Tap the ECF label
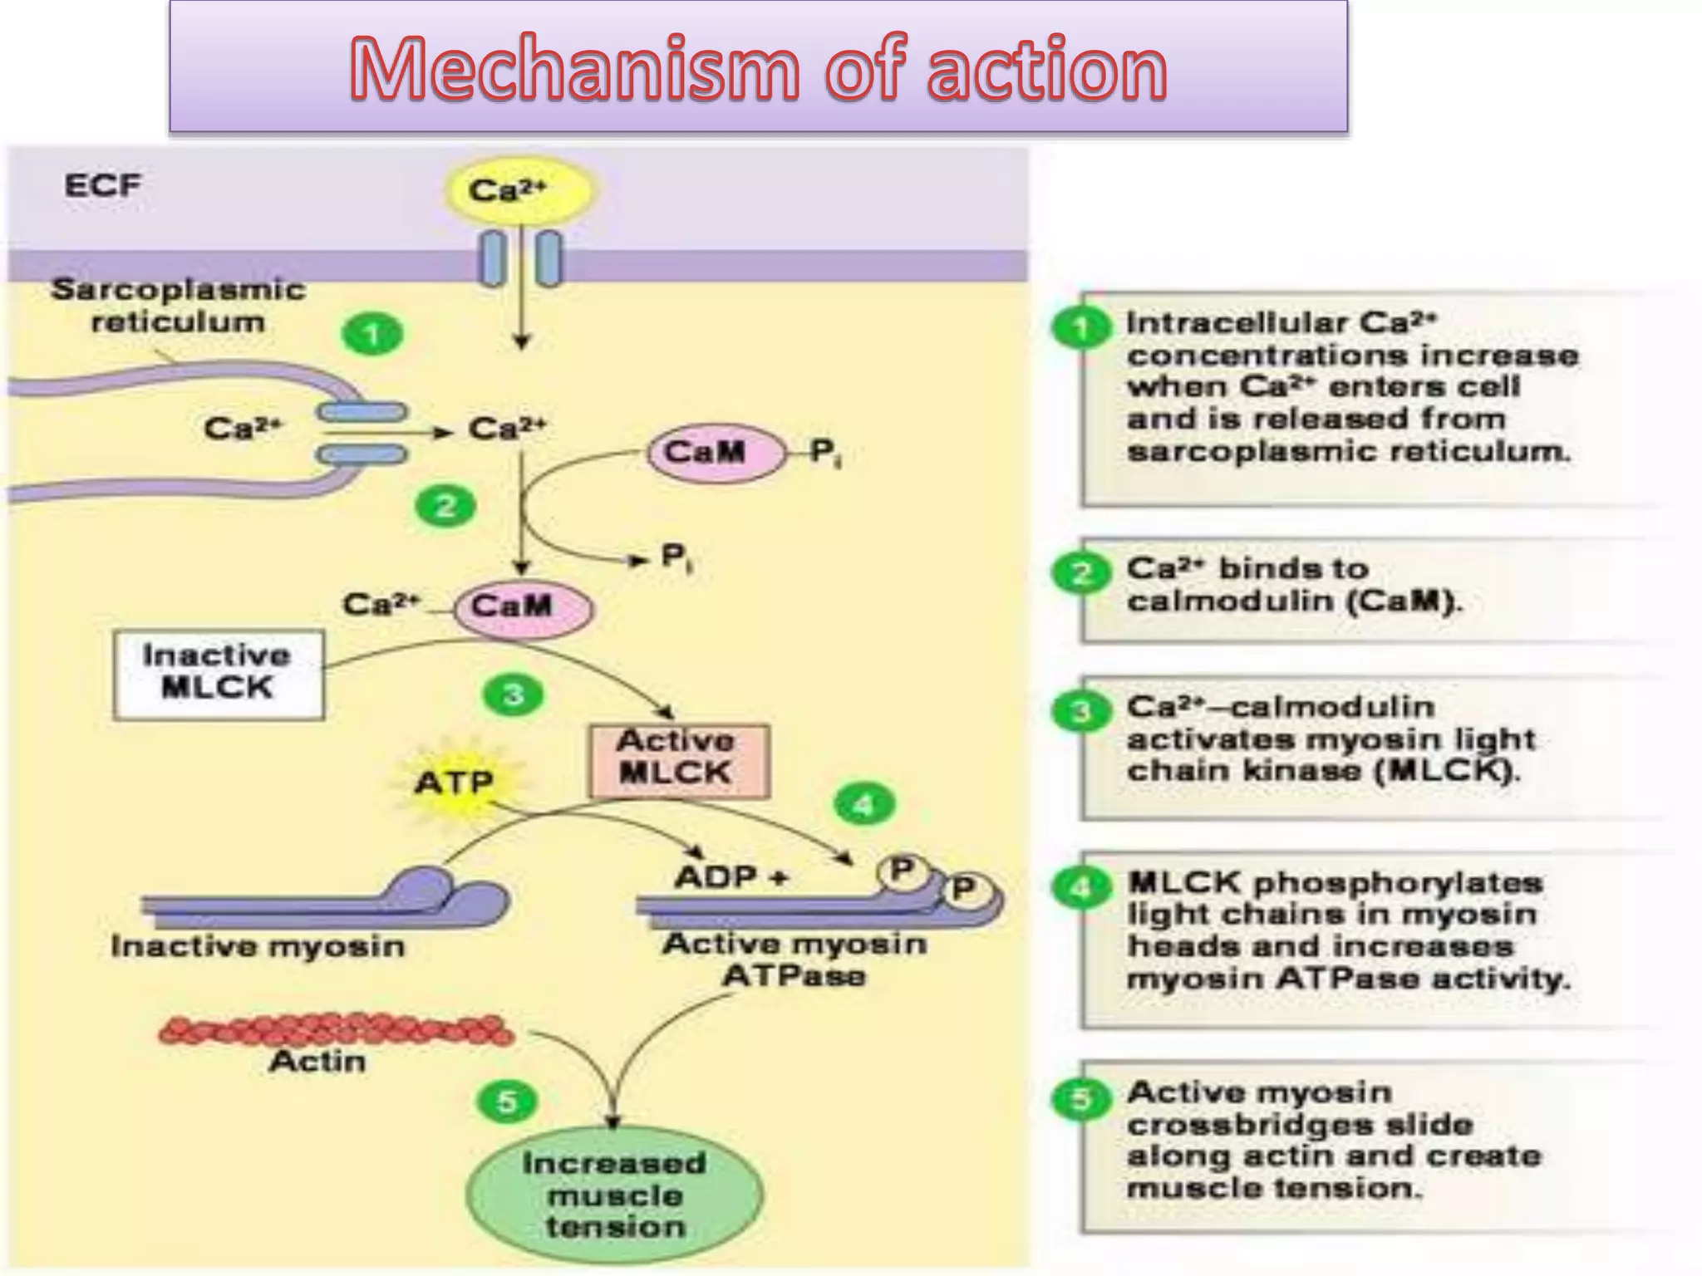pos(103,184)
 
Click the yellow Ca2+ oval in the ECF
pos(519,190)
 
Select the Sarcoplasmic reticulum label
pos(178,305)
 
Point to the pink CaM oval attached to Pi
pos(715,452)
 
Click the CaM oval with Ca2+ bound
pos(523,607)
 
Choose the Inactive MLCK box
pos(218,674)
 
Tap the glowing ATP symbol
pos(455,782)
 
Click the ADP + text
pos(730,877)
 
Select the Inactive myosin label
pos(258,946)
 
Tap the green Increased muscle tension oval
pos(614,1195)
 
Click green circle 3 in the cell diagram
pos(513,694)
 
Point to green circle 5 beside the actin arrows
pos(507,1102)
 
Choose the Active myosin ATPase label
pos(794,959)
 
